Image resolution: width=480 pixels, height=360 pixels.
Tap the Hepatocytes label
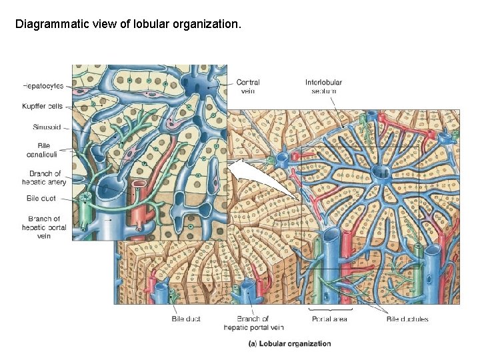point(43,86)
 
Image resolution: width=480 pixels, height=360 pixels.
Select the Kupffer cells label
point(43,106)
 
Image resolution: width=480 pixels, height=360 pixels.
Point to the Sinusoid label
point(47,127)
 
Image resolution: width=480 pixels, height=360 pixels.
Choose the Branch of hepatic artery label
point(45,178)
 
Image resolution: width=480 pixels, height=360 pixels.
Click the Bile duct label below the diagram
point(186,319)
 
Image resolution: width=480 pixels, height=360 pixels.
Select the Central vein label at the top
point(247,87)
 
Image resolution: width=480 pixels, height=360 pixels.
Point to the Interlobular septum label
point(323,87)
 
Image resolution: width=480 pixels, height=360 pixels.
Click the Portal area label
point(329,319)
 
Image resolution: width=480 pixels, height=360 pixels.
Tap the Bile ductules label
point(407,319)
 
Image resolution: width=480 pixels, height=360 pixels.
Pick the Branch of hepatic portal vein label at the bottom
point(253,323)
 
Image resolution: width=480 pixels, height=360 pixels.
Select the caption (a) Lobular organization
point(289,344)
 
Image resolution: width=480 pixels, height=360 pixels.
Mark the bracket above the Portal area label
point(329,309)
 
